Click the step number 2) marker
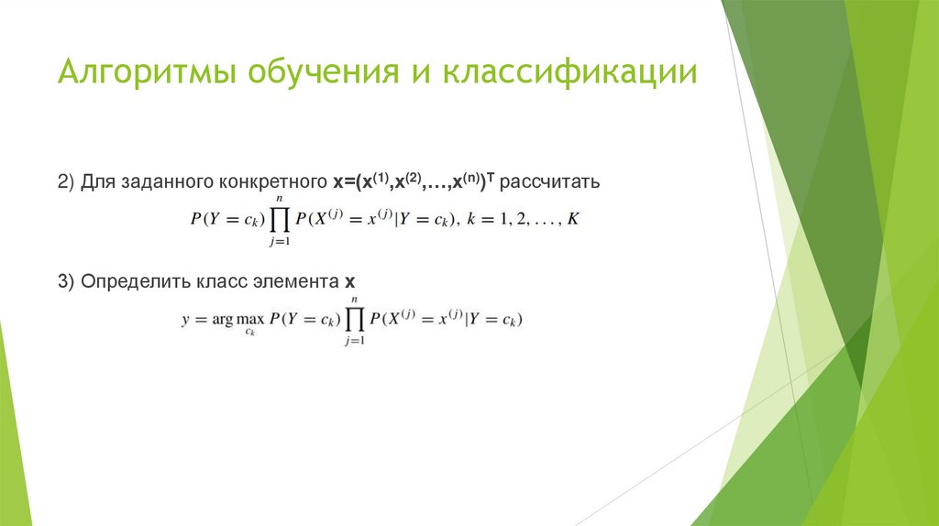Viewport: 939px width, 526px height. (66, 181)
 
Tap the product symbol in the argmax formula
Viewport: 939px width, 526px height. (354, 320)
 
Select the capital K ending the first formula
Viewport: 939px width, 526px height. (574, 220)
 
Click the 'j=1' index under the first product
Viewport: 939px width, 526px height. (280, 242)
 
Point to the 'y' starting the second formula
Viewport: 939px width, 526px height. (186, 321)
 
